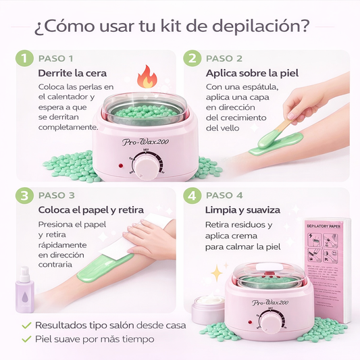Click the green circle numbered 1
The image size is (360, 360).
pos(25,59)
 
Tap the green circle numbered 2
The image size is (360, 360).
pos(193,59)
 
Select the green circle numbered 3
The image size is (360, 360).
pos(25,196)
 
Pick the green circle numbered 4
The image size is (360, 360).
pos(193,196)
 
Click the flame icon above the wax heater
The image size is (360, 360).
pos(145,77)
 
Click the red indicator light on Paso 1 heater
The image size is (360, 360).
pos(121,165)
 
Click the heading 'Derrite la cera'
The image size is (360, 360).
pos(72,73)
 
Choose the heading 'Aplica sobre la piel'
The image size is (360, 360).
pos(251,73)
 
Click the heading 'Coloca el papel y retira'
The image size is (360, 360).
pos(91,210)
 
